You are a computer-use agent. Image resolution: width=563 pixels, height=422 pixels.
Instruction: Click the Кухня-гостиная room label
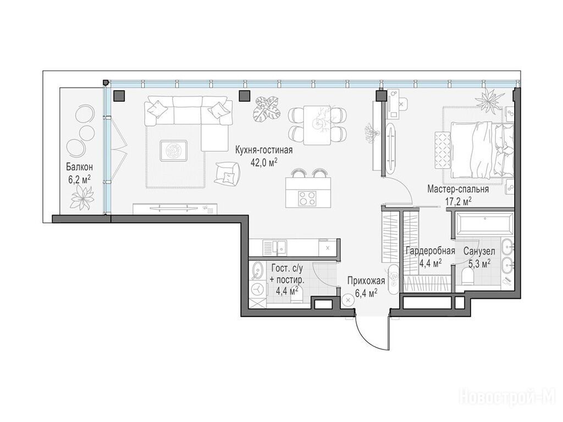[x=264, y=150]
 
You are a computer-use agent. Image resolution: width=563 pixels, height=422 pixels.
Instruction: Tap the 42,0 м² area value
[x=264, y=163]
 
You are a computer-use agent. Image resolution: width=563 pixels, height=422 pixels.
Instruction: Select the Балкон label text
[x=79, y=167]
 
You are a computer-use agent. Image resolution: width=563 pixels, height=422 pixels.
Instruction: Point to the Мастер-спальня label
[x=458, y=189]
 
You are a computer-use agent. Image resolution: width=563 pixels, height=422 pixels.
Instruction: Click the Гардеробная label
[x=430, y=251]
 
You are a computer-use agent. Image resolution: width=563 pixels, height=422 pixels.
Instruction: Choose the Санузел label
[x=479, y=251]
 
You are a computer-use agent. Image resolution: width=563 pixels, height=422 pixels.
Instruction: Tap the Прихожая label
[x=366, y=281]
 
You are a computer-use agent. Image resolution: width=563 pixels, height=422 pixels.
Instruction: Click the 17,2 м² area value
[x=459, y=202]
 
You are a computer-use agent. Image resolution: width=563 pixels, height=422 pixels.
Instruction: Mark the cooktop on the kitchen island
[x=308, y=198]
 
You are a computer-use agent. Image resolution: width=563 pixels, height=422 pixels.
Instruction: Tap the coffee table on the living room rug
[x=174, y=151]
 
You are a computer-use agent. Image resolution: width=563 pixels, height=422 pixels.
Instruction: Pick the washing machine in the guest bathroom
[x=257, y=289]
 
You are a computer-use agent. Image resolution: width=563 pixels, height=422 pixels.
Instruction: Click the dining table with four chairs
[x=317, y=125]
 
